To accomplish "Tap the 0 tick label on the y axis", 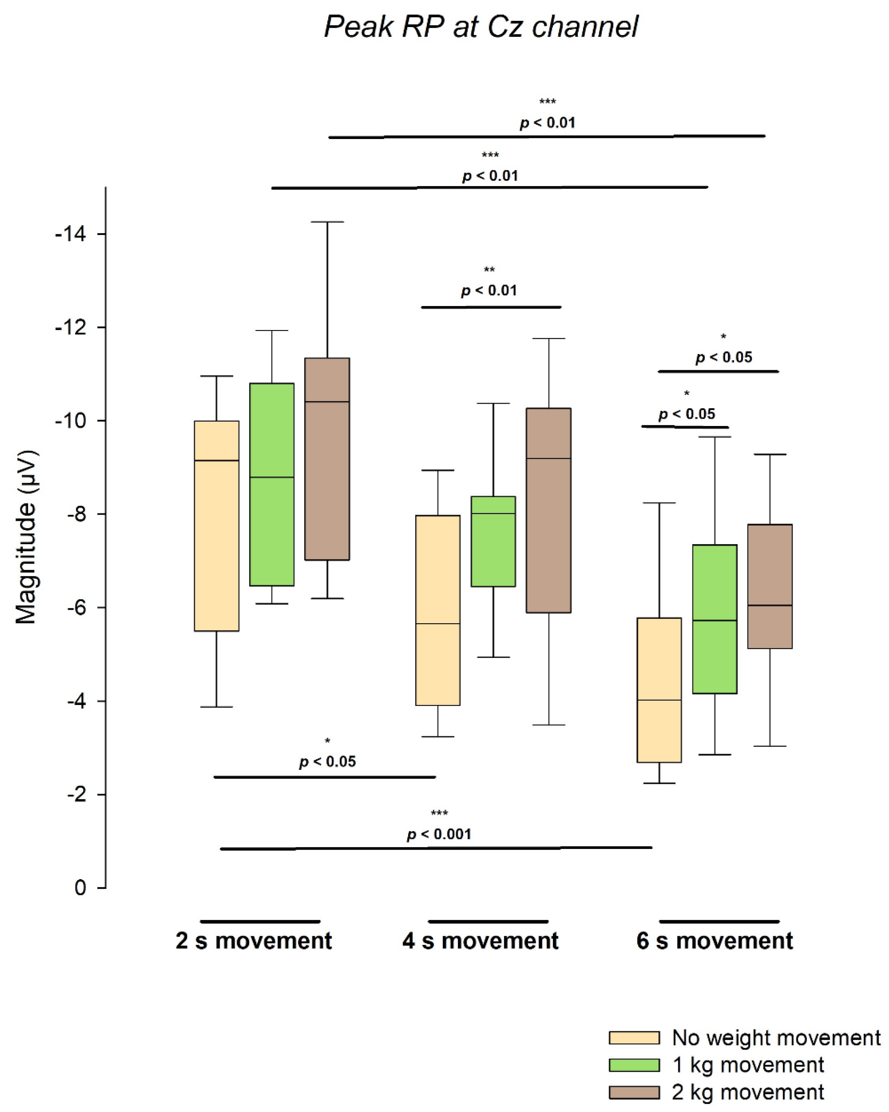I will [x=80, y=888].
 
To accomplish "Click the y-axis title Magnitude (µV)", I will [x=26, y=536].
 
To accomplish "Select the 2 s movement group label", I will [x=254, y=941].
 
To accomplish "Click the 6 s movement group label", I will [x=714, y=941].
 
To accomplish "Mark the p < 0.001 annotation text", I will [x=439, y=834].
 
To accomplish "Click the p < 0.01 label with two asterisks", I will [x=488, y=290].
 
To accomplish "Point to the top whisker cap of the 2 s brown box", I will [x=327, y=222].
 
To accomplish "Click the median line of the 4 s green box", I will [x=493, y=514].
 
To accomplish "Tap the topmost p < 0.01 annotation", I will [x=547, y=123].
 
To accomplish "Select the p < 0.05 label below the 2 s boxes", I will [x=327, y=762].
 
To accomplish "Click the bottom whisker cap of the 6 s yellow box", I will [x=659, y=783].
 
